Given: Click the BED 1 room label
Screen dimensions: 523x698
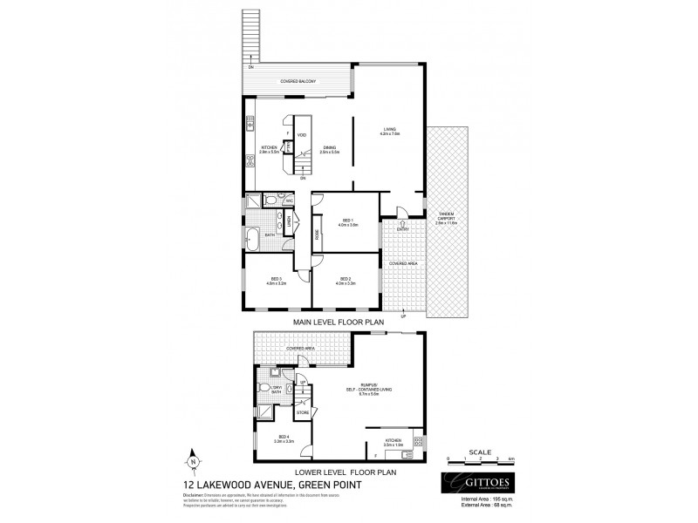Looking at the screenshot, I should click(346, 223).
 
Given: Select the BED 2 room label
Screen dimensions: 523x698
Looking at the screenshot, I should click(346, 281).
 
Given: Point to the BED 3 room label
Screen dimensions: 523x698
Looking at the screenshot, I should click(275, 281).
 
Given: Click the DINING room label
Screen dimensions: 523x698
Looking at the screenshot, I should click(328, 149).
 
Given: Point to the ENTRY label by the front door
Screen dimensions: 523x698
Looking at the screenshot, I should click(402, 229).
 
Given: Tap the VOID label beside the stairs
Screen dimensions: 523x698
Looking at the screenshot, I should click(301, 135).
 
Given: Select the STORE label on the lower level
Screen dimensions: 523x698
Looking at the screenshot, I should click(302, 411).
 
